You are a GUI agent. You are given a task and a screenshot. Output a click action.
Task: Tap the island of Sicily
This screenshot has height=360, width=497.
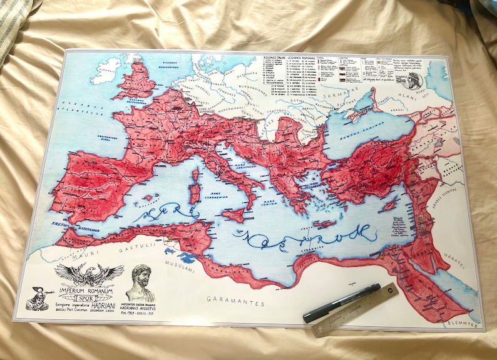(x=232, y=215)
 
